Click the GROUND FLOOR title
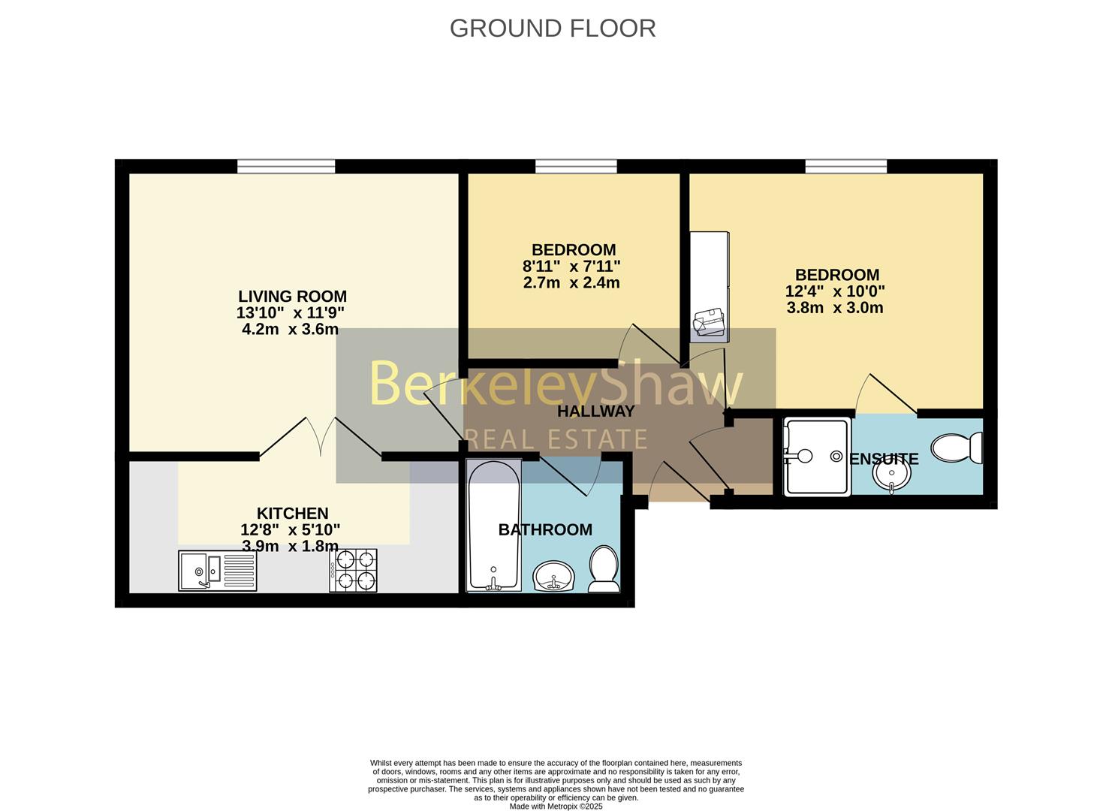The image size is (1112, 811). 553,29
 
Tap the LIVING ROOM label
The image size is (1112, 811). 292,297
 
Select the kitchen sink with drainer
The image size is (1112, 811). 218,570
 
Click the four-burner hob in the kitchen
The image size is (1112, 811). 353,570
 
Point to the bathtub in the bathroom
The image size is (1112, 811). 494,525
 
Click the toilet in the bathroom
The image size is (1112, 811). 604,569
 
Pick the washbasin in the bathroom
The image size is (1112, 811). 553,576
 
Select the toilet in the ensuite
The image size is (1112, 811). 957,448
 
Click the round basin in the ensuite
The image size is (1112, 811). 891,475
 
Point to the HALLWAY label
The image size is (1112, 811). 595,412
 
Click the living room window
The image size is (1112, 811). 286,167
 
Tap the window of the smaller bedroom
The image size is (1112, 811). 576,167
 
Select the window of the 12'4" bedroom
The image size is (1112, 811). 846,167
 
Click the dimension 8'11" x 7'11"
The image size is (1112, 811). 571,266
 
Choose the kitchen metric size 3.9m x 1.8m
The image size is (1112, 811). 291,546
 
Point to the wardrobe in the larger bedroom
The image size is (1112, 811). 710,287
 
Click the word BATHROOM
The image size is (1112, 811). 545,530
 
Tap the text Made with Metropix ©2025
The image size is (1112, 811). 556,806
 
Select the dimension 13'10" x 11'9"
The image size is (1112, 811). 291,313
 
